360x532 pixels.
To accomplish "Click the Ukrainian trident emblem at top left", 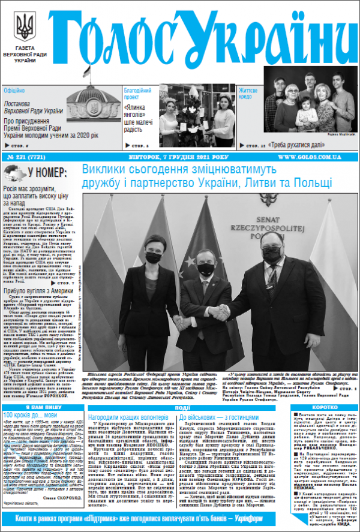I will [x=25, y=28].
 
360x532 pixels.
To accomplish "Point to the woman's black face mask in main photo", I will [x=154, y=258].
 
